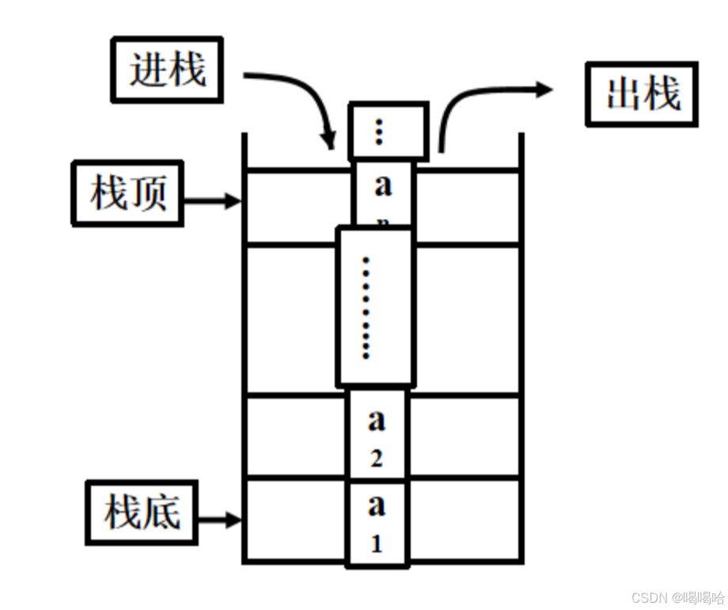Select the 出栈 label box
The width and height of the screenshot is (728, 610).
(x=642, y=94)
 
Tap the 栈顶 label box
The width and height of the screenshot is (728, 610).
(x=127, y=193)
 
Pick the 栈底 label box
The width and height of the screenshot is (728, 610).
(x=141, y=512)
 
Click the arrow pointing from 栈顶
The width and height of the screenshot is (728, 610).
(x=212, y=201)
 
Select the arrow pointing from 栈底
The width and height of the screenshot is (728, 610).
(x=218, y=520)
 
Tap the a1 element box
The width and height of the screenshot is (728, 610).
(x=377, y=523)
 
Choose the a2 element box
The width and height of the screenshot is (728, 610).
(x=377, y=436)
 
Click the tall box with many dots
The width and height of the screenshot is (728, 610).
(x=374, y=307)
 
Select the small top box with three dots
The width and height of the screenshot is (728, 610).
(x=388, y=131)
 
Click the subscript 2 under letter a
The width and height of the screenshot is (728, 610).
(x=376, y=459)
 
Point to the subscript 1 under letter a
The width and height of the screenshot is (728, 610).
(x=377, y=544)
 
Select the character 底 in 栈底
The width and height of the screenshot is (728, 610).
(x=161, y=512)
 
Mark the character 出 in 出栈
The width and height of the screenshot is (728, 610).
(x=623, y=94)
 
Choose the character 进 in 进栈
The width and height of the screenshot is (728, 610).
(x=149, y=71)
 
